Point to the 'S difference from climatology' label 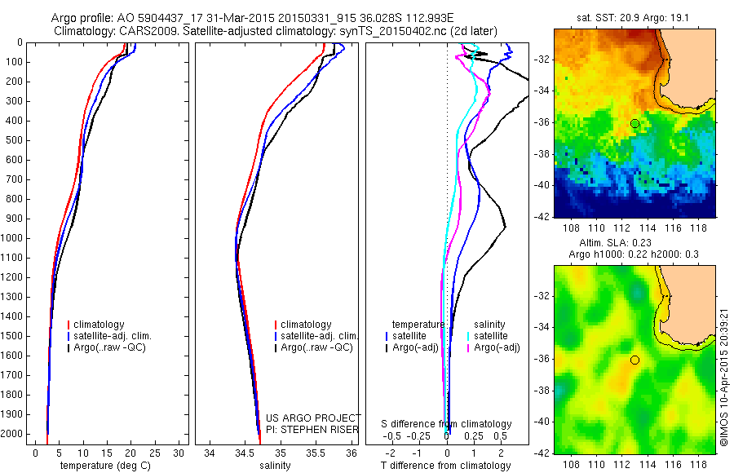click(447, 424)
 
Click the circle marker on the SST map click(635, 123)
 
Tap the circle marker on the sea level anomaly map click(635, 360)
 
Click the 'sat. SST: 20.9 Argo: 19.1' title click(634, 18)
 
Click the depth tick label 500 click(14, 140)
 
